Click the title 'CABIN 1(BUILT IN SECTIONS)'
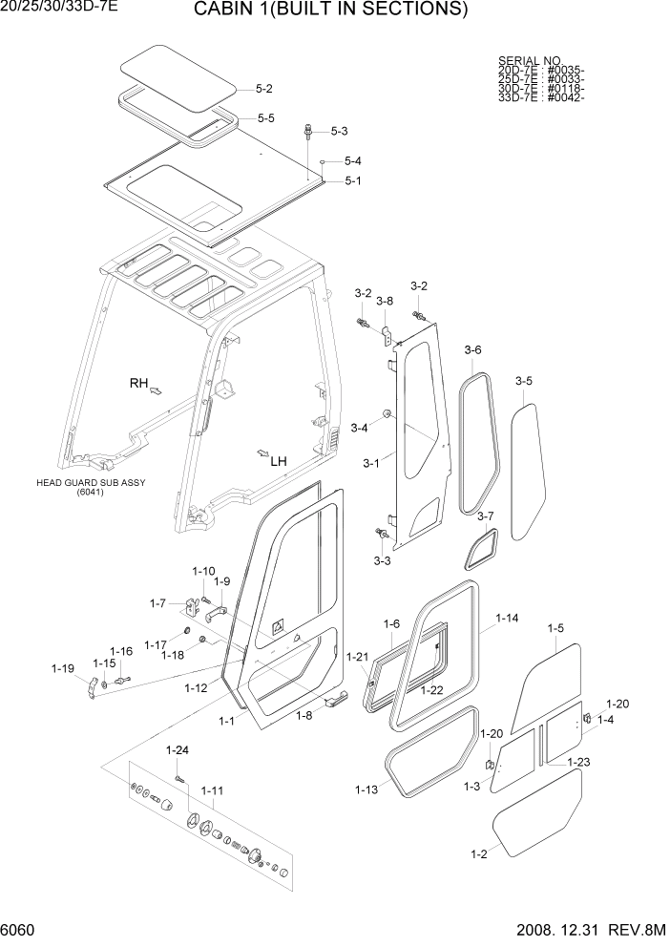[x=330, y=11]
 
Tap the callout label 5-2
[x=264, y=89]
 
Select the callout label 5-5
[x=265, y=118]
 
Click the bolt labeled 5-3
[x=309, y=131]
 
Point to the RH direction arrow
[x=157, y=389]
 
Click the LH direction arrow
[x=262, y=452]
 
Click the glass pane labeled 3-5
[x=523, y=468]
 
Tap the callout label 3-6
[x=472, y=350]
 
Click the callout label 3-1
[x=372, y=464]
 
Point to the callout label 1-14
[x=507, y=619]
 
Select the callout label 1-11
[x=212, y=790]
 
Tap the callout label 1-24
[x=177, y=749]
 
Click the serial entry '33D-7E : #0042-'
[x=540, y=96]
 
